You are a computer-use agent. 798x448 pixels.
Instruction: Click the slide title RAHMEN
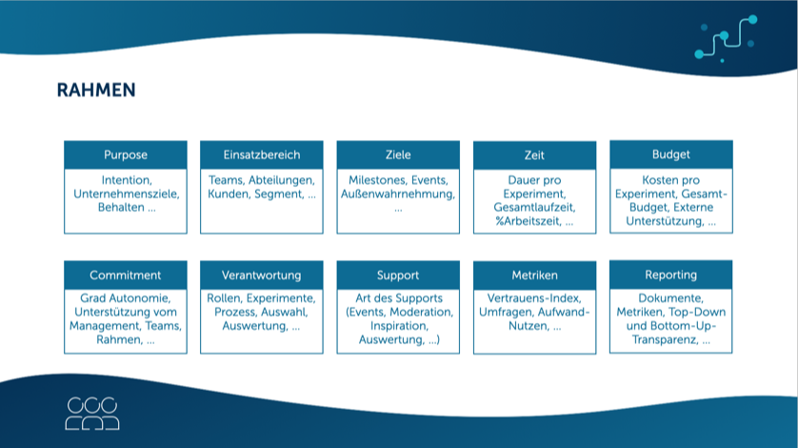click(x=96, y=91)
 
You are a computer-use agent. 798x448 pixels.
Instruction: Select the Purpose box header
click(x=126, y=155)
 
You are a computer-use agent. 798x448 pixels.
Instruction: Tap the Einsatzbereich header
click(x=262, y=155)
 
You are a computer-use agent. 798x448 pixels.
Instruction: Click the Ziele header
click(x=398, y=155)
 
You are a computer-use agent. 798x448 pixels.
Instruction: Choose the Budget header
click(x=671, y=154)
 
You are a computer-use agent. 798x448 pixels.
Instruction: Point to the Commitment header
click(x=126, y=275)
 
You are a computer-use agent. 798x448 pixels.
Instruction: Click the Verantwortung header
click(x=262, y=275)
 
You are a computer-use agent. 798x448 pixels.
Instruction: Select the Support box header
click(x=398, y=275)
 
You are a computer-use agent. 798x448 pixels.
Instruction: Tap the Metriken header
click(x=534, y=275)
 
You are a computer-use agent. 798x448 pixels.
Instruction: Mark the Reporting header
click(x=671, y=275)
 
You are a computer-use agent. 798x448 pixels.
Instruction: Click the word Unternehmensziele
click(x=126, y=193)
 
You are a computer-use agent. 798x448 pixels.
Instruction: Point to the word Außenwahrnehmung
click(x=398, y=193)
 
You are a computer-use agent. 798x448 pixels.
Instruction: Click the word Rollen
click(x=223, y=299)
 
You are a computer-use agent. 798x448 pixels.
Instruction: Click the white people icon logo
click(x=92, y=411)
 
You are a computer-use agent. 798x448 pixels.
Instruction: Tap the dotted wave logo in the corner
click(x=726, y=38)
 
